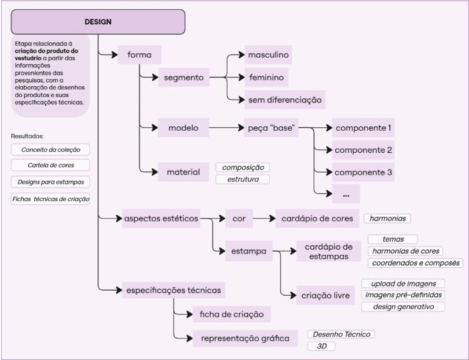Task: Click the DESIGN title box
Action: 98,22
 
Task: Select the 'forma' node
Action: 139,55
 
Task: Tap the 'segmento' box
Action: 183,77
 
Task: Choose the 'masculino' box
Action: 268,55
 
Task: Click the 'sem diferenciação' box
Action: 284,100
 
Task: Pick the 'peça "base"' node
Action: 271,127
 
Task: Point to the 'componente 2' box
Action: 364,150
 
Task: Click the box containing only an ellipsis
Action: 346,194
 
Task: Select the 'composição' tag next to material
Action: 243,167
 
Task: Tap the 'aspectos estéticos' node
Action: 161,219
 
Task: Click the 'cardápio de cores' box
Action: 317,219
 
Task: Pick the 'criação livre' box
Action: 325,296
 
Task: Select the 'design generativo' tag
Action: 403,307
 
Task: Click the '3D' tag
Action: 321,346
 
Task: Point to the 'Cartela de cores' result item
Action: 50,166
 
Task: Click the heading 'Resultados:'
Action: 27,136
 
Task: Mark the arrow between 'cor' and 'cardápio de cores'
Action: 263,219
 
